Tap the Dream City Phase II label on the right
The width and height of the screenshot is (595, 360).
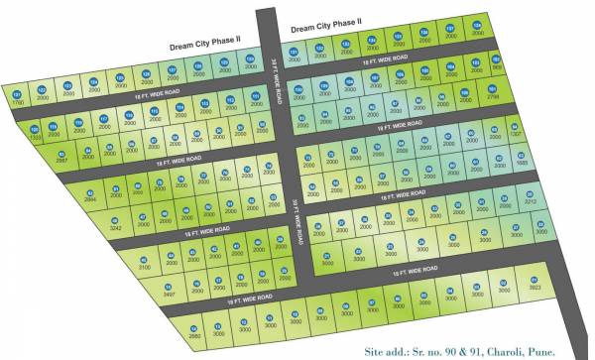coord(326,27)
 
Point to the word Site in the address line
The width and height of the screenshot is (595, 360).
coord(378,350)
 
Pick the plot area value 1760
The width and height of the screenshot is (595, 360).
coord(16,102)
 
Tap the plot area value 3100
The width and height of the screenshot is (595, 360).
coord(144,267)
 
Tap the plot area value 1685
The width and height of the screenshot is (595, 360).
coord(523,163)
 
